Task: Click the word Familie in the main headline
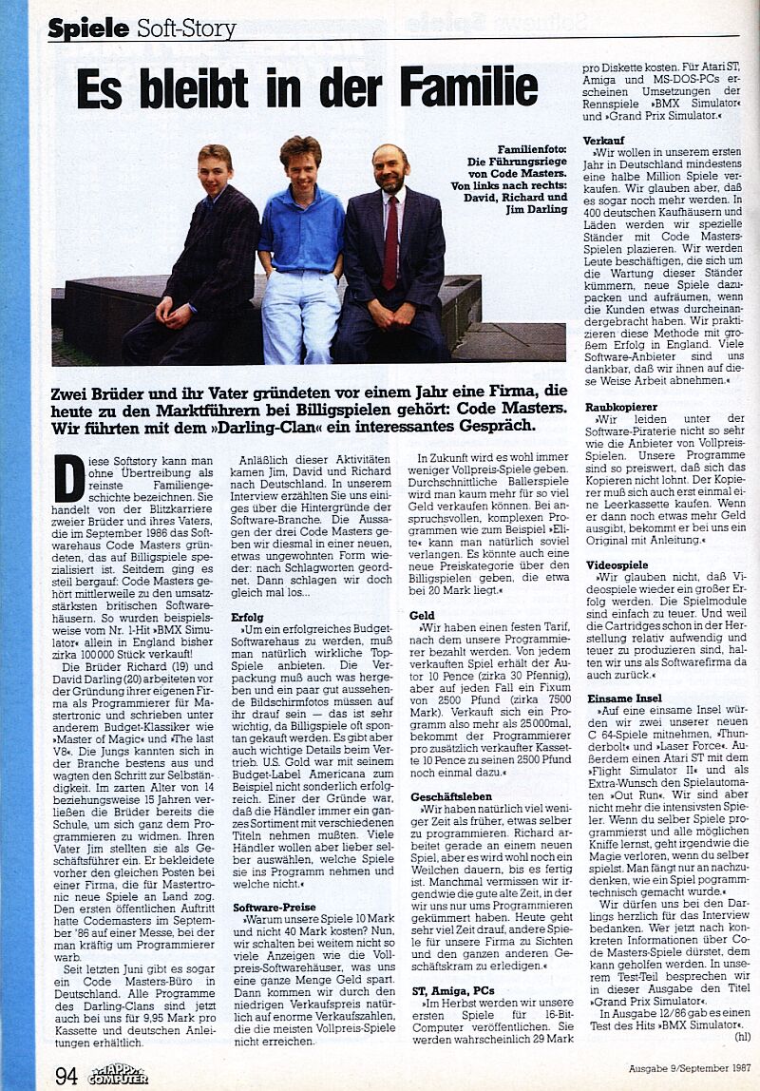468,87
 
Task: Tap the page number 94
66,1075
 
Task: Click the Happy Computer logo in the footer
118,1074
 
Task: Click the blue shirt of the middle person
301,232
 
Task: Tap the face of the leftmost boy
215,172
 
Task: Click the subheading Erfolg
248,617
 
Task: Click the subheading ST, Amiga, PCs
454,990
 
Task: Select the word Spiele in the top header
88,29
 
